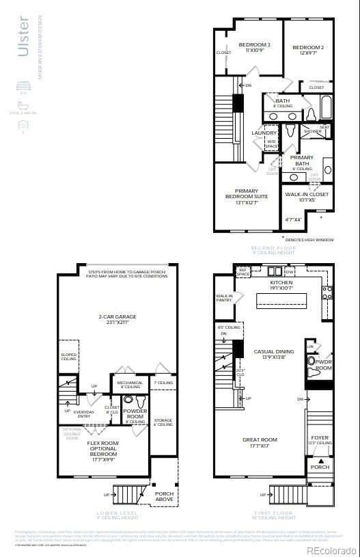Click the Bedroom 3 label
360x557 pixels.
click(x=254, y=45)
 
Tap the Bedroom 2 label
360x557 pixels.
click(x=308, y=48)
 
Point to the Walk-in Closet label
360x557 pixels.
click(x=307, y=194)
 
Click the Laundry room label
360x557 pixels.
click(x=264, y=133)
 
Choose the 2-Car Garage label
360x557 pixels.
click(x=117, y=316)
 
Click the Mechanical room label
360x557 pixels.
click(x=129, y=383)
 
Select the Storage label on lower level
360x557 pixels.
click(x=163, y=420)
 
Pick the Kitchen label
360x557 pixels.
click(x=281, y=282)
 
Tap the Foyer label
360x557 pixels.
click(x=320, y=437)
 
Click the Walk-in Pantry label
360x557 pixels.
click(x=225, y=298)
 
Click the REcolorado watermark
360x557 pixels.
click(x=331, y=549)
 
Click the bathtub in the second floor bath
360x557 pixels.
click(x=325, y=108)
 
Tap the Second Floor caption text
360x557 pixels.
click(x=273, y=248)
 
